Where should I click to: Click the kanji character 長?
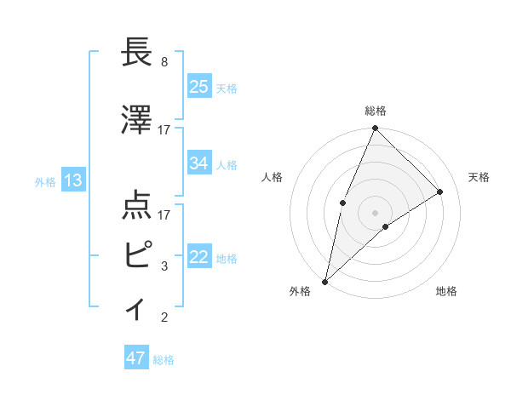coord(137,52)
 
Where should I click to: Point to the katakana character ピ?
coord(137,254)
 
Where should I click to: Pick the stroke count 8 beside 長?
coord(164,62)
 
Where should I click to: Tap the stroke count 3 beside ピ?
coord(164,266)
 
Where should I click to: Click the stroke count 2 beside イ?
coord(164,317)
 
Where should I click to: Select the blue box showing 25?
coord(199,86)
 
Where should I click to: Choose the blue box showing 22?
coord(199,257)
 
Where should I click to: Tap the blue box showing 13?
coord(72,180)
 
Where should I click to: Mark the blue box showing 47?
coord(135,358)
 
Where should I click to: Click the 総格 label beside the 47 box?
coord(164,360)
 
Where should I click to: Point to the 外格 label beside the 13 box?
coord(45,181)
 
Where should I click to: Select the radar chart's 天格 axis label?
coord(479,177)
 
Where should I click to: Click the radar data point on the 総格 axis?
coord(375,129)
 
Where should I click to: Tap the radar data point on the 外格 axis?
coord(325,281)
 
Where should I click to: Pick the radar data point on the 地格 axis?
coord(386,226)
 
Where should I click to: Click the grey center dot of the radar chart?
coord(375,212)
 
